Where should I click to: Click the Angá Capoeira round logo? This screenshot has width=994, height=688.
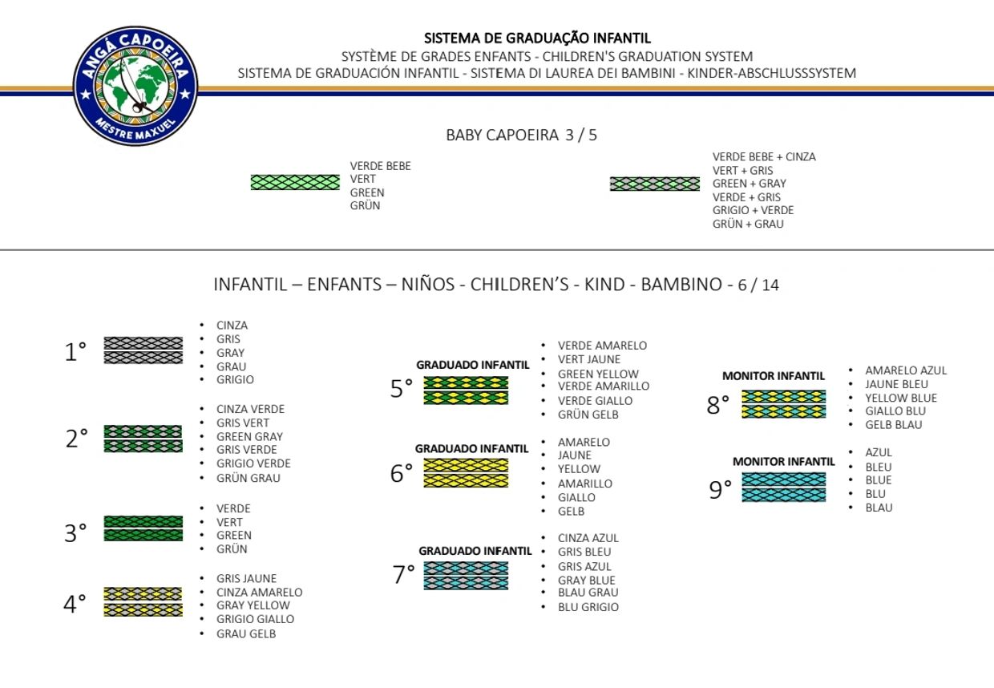pyautogui.click(x=135, y=86)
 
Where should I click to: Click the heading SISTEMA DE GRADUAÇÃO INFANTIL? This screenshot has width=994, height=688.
pyautogui.click(x=537, y=38)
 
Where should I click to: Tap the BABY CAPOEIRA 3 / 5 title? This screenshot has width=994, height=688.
pyautogui.click(x=521, y=135)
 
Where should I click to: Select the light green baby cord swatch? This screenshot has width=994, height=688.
pyautogui.click(x=295, y=183)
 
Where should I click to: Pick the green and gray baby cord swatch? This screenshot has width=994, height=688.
pyautogui.click(x=655, y=184)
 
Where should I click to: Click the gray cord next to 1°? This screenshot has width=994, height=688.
pyautogui.click(x=143, y=350)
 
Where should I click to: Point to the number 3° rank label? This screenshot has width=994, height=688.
pyautogui.click(x=75, y=532)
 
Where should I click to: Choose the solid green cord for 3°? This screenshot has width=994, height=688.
pyautogui.click(x=143, y=528)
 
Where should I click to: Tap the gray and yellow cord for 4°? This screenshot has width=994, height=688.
pyautogui.click(x=143, y=601)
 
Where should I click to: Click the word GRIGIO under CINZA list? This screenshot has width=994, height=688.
pyautogui.click(x=235, y=380)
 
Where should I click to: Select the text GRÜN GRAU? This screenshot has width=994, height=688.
pyautogui.click(x=248, y=479)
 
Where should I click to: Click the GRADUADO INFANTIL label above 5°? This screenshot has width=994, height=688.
pyautogui.click(x=473, y=365)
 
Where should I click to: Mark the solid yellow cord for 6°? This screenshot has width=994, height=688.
pyautogui.click(x=466, y=473)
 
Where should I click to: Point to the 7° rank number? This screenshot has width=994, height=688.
pyautogui.click(x=403, y=574)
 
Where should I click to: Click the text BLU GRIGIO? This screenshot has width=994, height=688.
pyautogui.click(x=588, y=607)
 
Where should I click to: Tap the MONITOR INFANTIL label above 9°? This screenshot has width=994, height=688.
pyautogui.click(x=784, y=462)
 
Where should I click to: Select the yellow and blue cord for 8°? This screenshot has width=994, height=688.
pyautogui.click(x=784, y=404)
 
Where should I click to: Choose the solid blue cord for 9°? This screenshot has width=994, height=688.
pyautogui.click(x=784, y=487)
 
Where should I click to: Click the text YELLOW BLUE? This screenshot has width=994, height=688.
pyautogui.click(x=901, y=399)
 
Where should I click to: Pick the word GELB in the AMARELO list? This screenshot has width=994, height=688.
pyautogui.click(x=571, y=512)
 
